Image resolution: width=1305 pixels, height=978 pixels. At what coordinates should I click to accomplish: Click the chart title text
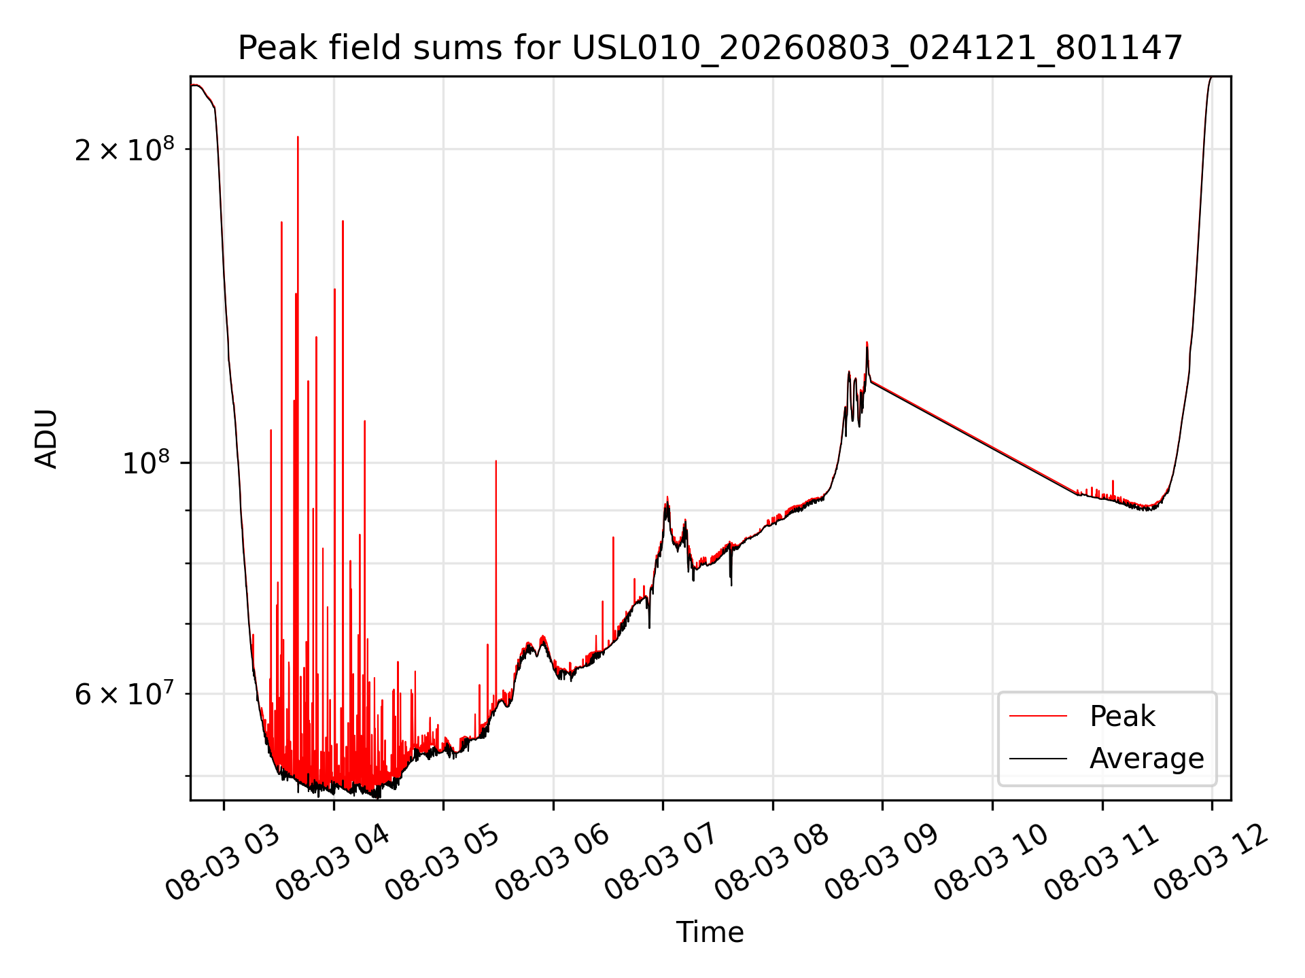[x=710, y=48]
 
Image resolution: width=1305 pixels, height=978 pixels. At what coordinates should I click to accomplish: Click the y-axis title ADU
[x=46, y=439]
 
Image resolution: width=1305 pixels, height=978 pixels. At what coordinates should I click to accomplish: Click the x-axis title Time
[x=710, y=932]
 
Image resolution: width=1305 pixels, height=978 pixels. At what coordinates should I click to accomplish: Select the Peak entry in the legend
[x=1122, y=716]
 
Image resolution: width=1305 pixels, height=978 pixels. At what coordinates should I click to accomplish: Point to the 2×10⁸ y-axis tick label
[x=124, y=149]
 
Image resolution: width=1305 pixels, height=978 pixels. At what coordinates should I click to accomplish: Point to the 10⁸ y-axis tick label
[x=148, y=464]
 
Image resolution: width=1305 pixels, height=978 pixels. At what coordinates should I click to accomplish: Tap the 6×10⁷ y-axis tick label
[x=124, y=694]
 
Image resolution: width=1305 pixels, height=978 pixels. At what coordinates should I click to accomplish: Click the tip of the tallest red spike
[x=298, y=137]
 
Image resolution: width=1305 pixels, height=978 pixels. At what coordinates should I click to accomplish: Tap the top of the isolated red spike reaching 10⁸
[x=496, y=461]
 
